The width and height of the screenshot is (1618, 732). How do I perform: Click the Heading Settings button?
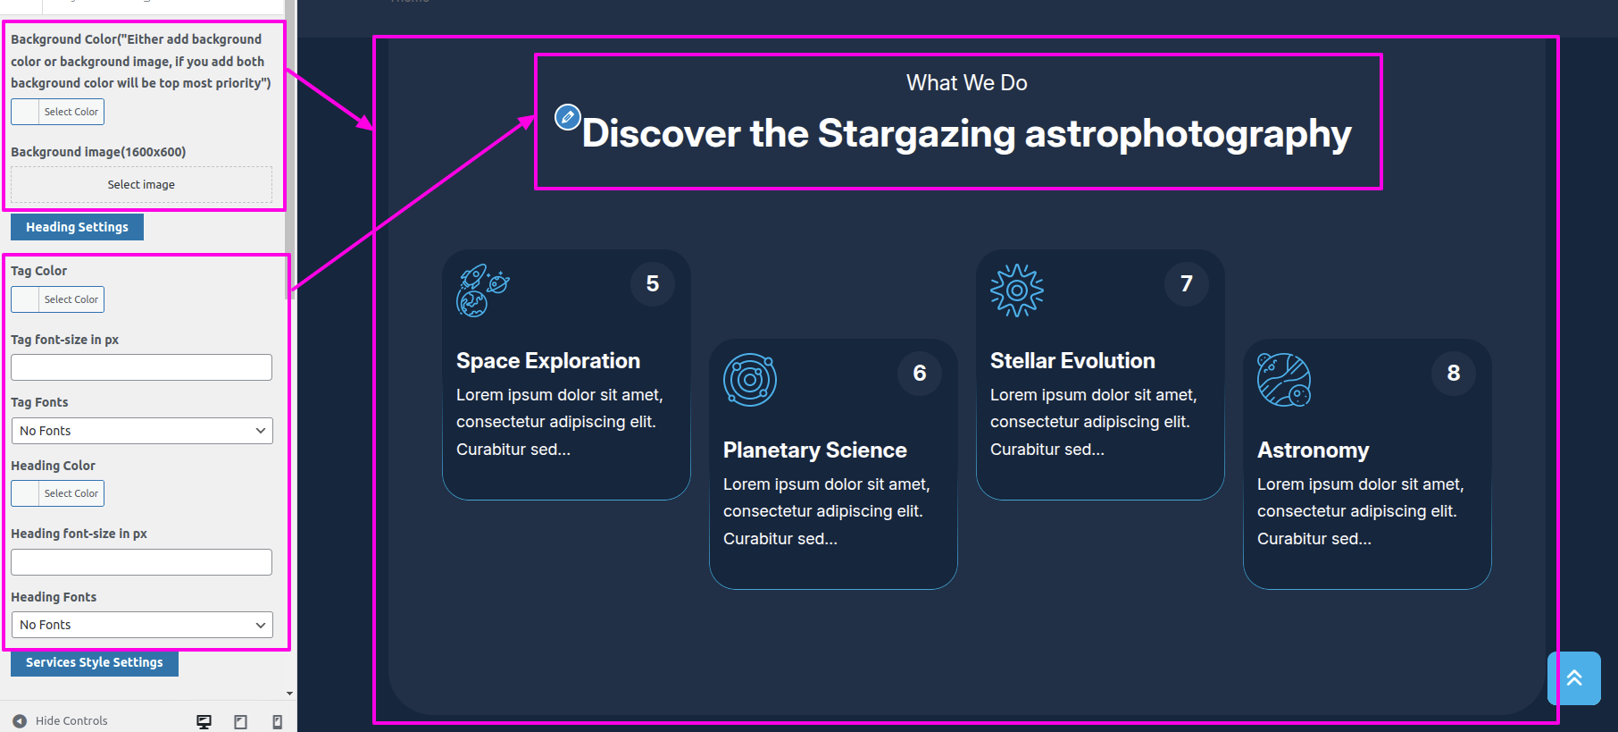[x=77, y=227]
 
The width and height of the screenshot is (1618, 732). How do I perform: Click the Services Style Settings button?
[x=95, y=662]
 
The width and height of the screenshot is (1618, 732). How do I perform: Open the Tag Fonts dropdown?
[x=141, y=431]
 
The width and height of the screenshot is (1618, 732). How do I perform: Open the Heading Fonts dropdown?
[x=141, y=625]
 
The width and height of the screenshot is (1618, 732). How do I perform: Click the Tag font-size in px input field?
[x=141, y=367]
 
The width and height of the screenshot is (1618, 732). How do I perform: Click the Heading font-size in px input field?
[x=141, y=562]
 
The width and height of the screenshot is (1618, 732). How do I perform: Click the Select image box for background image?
[x=141, y=184]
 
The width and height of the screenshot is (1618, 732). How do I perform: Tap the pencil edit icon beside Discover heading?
[x=568, y=117]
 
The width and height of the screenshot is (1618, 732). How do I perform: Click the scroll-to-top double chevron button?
[x=1574, y=678]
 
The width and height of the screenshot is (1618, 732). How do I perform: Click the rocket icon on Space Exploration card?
[x=483, y=290]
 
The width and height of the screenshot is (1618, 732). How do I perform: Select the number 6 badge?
[x=920, y=374]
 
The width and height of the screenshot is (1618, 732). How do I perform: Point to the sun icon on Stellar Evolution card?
[x=1017, y=290]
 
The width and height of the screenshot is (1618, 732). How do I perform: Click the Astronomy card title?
[x=1314, y=450]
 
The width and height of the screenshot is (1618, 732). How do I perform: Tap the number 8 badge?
[x=1454, y=374]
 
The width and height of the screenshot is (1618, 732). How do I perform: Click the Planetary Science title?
[x=815, y=450]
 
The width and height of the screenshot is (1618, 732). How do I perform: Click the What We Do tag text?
[x=967, y=83]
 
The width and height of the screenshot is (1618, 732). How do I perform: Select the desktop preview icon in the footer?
[x=204, y=721]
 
